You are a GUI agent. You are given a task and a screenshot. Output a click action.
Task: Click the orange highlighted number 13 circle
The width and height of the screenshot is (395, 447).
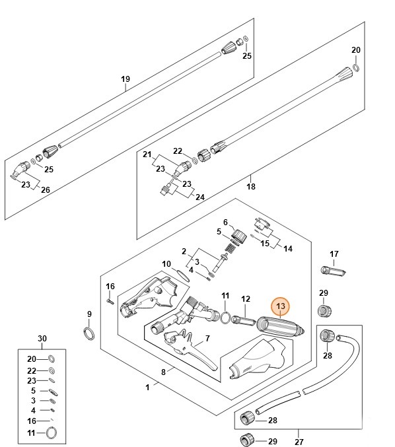coord(281,306)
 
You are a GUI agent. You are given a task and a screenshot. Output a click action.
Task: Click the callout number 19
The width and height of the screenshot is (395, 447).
coord(126,79)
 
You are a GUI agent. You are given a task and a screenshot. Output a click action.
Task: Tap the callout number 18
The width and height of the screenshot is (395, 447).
coord(251,186)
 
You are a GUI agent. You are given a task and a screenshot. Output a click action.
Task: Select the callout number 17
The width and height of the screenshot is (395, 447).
coord(334,254)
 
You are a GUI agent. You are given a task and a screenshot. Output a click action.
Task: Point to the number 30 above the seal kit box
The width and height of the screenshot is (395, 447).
coord(42,338)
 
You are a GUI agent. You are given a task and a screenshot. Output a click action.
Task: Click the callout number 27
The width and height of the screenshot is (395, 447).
coord(299,442)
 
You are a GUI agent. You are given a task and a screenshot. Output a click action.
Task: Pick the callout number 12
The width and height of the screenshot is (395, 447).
coord(246,298)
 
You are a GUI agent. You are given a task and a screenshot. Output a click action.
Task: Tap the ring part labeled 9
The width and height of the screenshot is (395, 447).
coord(89,333)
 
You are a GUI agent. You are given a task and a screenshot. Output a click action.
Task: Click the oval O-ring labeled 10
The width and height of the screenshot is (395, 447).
coord(183,276)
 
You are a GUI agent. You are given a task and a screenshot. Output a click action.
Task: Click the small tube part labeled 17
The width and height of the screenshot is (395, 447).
coord(334,271)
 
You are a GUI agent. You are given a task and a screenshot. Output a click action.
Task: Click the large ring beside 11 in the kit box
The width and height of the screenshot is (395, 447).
coord(52,432)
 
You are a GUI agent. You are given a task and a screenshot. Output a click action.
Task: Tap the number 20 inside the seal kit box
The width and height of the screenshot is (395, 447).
coord(32,359)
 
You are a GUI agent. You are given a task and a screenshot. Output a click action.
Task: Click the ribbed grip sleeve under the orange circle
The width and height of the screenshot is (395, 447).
coord(280,328)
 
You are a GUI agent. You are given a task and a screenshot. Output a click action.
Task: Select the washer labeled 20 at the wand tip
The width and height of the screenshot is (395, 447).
coord(356,68)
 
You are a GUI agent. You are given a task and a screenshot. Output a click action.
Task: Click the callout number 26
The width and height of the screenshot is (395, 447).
coord(46,189)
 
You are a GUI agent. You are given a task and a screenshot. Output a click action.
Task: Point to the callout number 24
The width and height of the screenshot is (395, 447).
coord(200,197)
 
